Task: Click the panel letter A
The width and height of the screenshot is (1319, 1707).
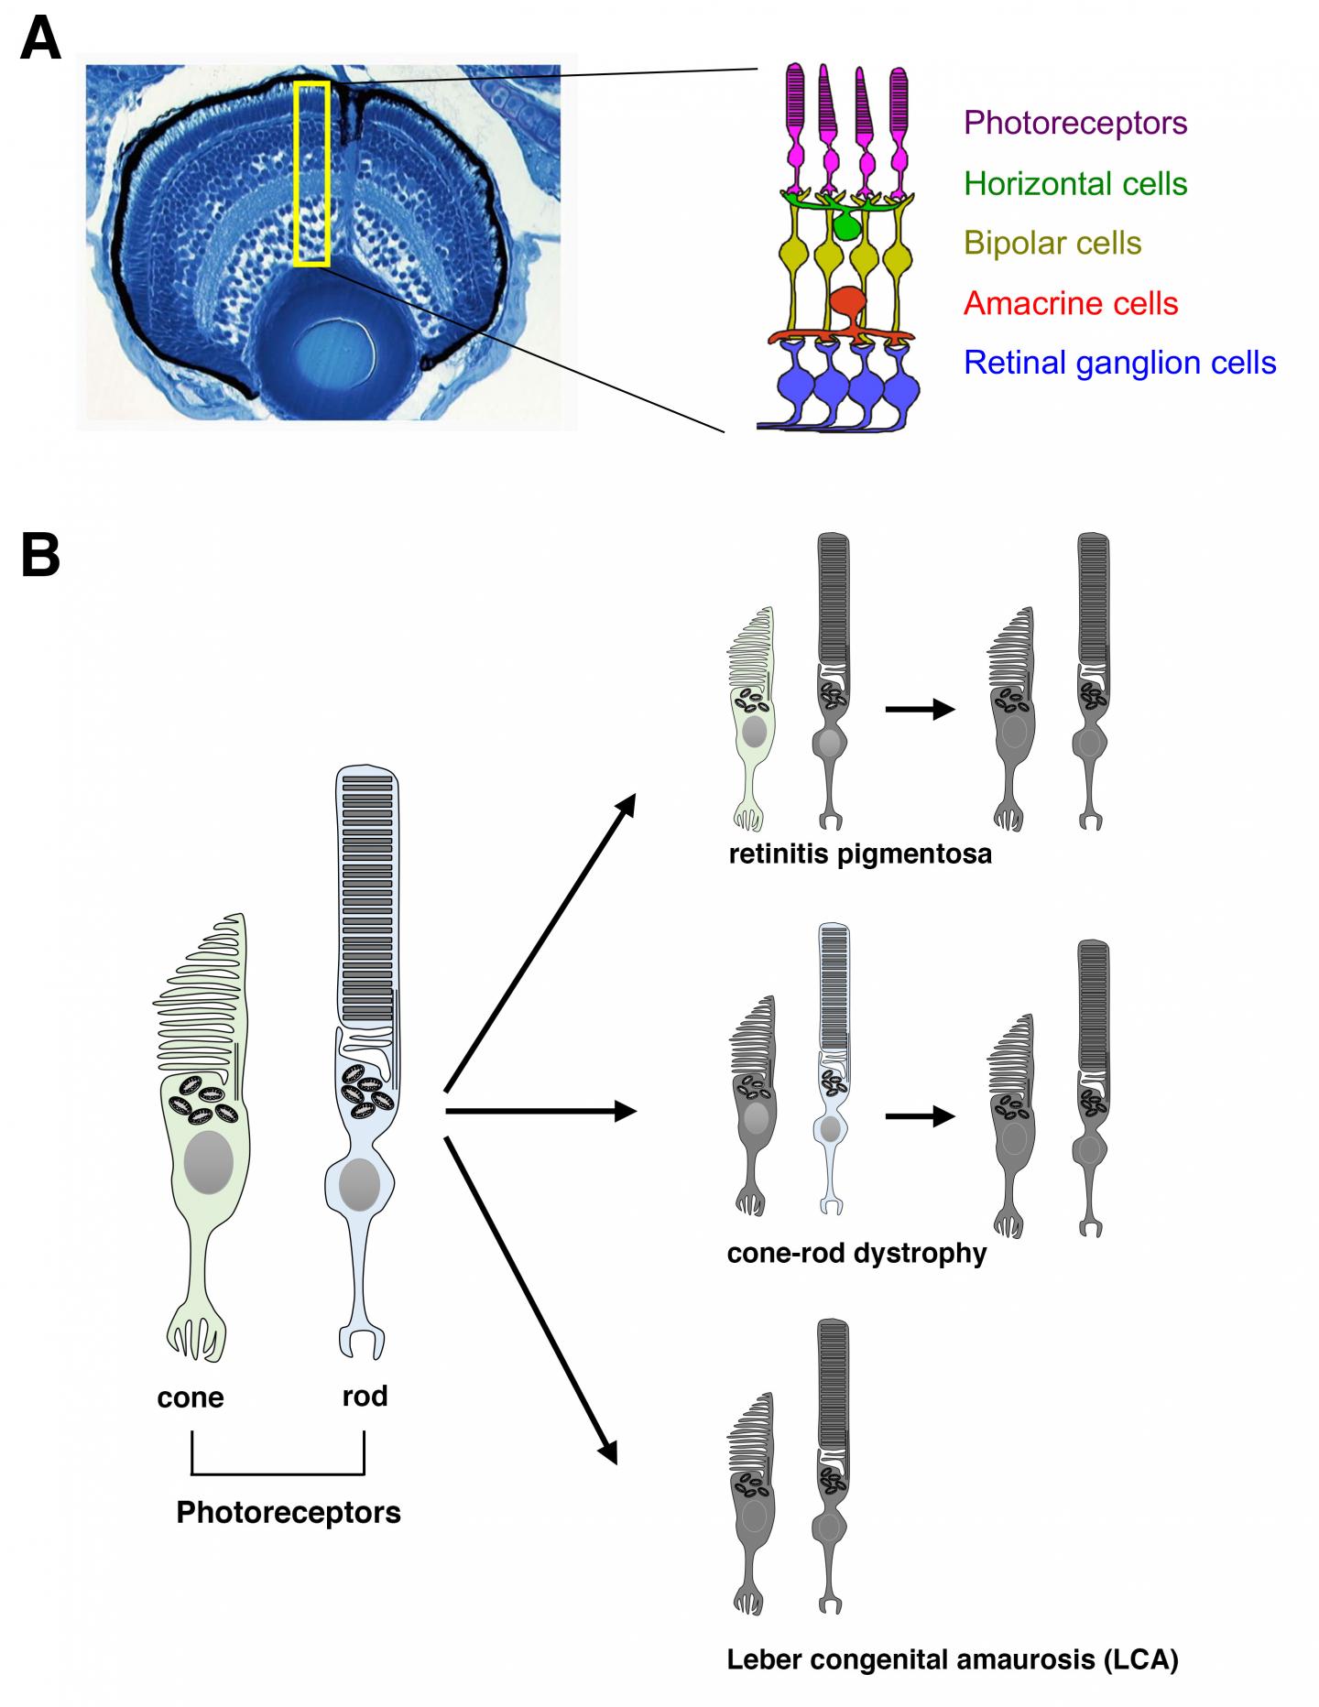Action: tap(40, 39)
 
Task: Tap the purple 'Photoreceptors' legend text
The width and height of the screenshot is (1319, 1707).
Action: tap(1075, 123)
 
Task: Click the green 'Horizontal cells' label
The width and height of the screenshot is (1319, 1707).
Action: tap(1075, 183)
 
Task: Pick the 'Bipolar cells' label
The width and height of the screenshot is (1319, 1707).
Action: tap(1052, 244)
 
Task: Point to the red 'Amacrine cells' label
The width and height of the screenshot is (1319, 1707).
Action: tap(1071, 303)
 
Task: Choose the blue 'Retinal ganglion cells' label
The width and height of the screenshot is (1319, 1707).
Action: tap(1119, 363)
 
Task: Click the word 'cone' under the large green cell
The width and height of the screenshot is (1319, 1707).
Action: tap(191, 1398)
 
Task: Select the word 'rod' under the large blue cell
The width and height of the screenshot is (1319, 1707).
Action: tap(365, 1396)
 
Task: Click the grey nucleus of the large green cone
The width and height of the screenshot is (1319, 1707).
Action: tap(209, 1161)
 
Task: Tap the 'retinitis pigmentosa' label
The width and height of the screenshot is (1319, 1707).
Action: tap(860, 854)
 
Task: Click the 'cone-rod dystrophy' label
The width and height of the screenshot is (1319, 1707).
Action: tap(856, 1253)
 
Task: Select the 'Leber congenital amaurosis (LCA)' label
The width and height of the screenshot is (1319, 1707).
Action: tap(953, 1659)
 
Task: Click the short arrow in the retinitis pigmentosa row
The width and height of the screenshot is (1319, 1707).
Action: tap(920, 709)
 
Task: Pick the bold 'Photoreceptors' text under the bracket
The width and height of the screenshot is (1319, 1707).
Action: tap(289, 1512)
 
